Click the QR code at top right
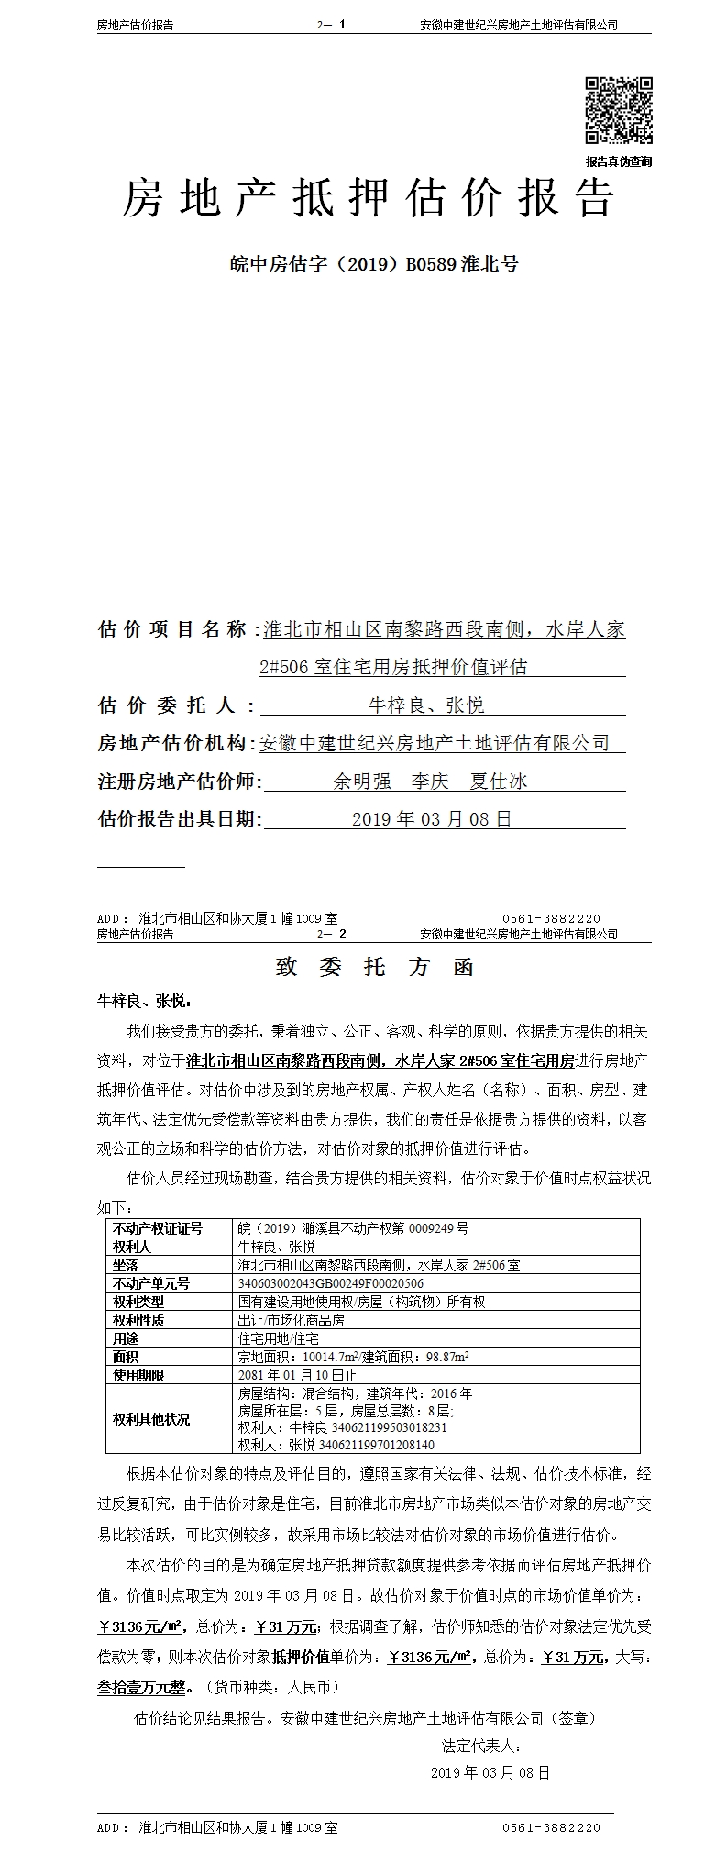click(x=619, y=111)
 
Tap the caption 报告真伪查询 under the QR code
click(x=619, y=161)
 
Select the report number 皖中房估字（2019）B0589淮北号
click(x=373, y=264)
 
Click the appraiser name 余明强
click(x=362, y=781)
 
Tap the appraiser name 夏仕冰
click(x=498, y=781)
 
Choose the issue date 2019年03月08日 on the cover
click(x=432, y=819)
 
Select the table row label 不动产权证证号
click(x=157, y=1228)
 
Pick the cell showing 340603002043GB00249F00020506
click(x=331, y=1283)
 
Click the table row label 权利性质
click(x=138, y=1320)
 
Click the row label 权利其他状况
click(x=151, y=1418)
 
